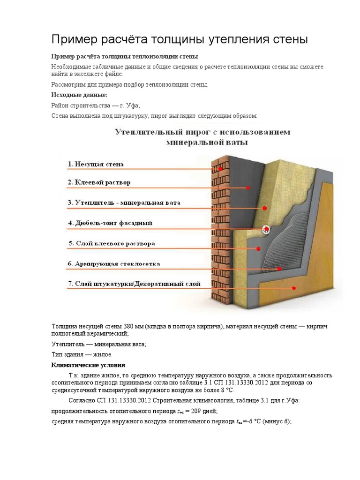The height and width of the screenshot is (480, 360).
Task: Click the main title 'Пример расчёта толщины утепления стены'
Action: point(179,39)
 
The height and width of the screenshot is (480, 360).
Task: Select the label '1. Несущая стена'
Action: point(96,165)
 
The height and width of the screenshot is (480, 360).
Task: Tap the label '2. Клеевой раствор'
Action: point(99,182)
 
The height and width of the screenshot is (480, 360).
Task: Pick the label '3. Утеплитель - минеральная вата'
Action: point(124,203)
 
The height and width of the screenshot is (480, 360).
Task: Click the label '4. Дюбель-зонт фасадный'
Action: point(110,223)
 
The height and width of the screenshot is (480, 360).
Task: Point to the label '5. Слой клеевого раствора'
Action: point(111,244)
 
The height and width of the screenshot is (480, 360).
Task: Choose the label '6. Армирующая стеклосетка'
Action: point(114,264)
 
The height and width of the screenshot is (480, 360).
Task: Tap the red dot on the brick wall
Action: point(220,168)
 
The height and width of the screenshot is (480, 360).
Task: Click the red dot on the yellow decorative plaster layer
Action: point(294,288)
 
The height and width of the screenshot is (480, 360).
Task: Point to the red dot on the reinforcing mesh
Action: point(280,269)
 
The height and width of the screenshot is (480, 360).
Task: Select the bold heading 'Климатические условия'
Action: point(88,365)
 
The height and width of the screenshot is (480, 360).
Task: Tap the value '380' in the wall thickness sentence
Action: point(129,326)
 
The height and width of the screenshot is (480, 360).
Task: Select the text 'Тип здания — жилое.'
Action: point(82,354)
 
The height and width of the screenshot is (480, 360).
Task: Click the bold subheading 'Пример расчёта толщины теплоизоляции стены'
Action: point(125,56)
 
